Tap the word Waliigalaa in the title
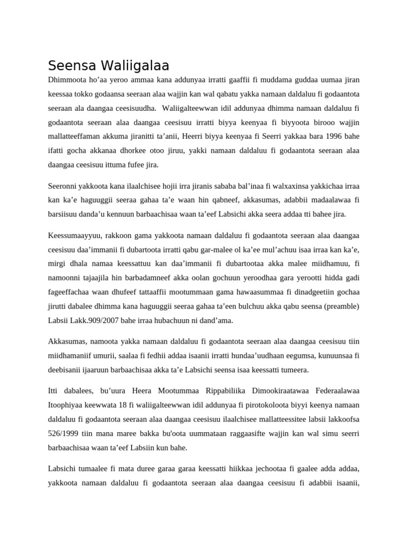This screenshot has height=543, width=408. click(135, 66)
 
